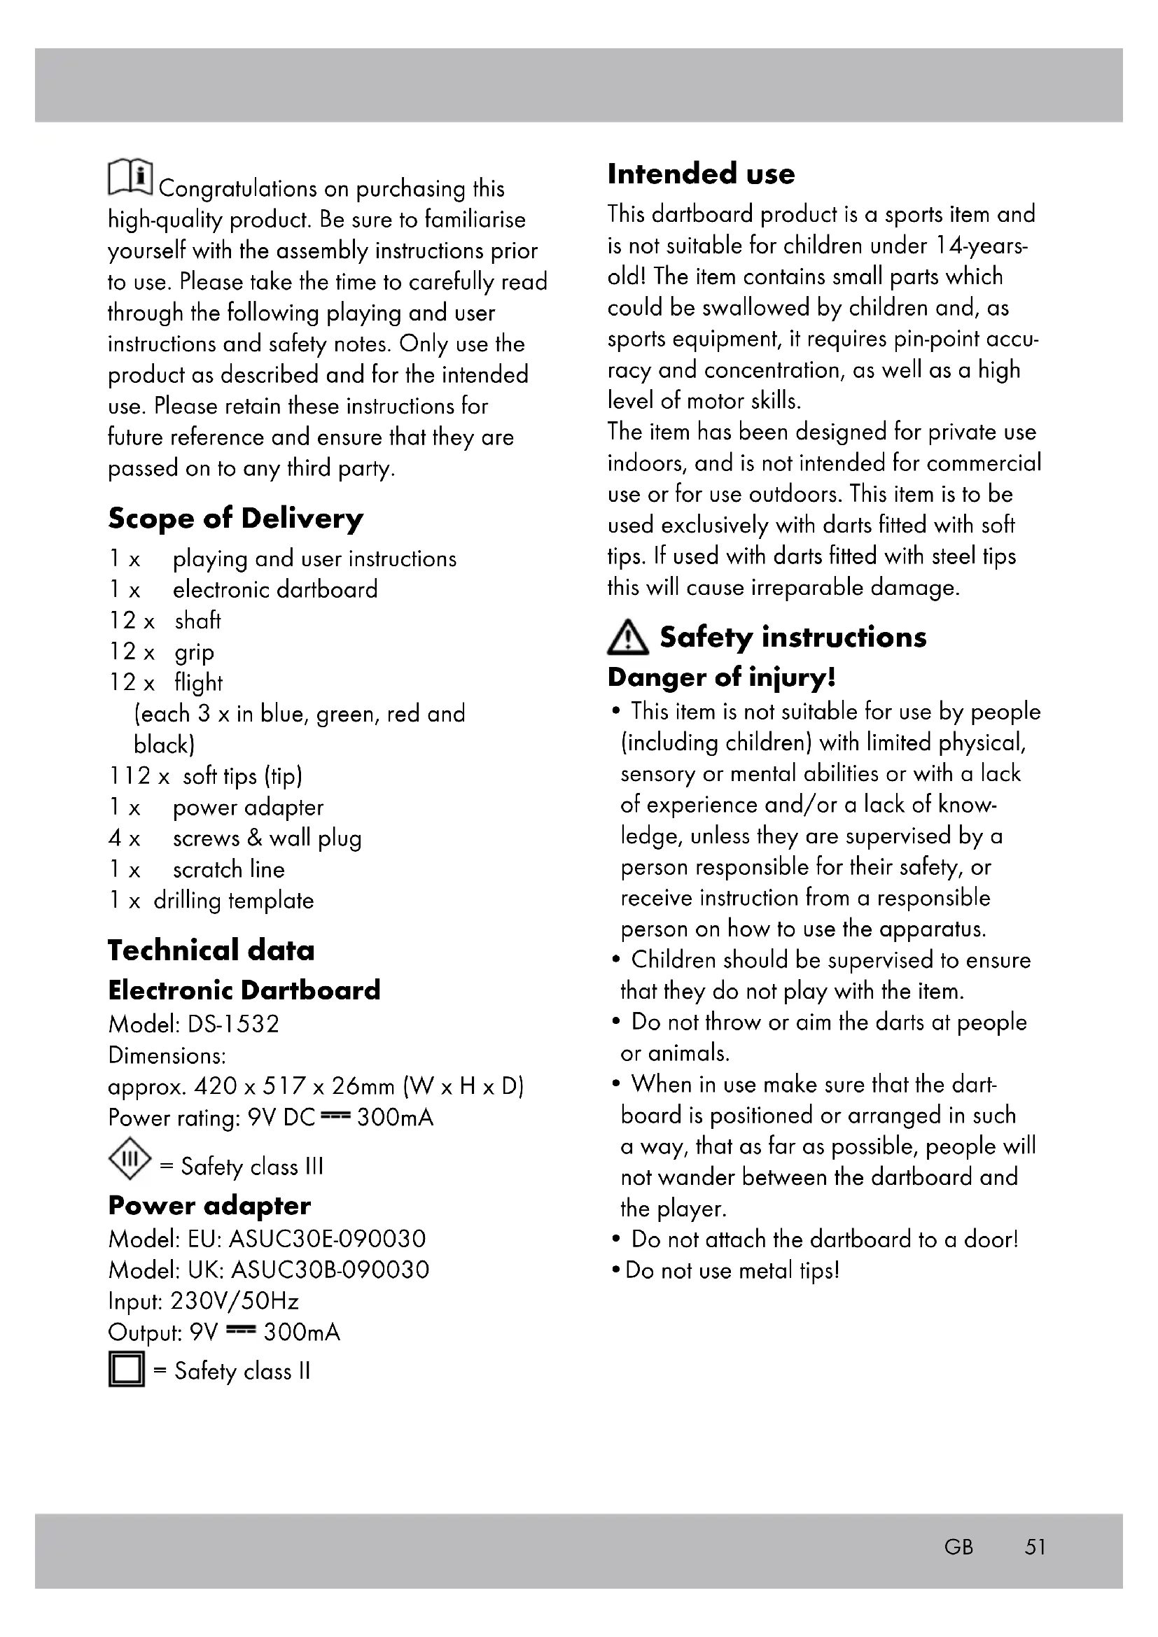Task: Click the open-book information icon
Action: tap(130, 177)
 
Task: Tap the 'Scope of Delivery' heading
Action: tap(235, 519)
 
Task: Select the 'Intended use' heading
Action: tap(701, 174)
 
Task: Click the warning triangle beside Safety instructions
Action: tap(627, 638)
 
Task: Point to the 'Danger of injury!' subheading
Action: tap(721, 677)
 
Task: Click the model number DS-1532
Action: tap(233, 1024)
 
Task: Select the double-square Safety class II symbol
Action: tap(126, 1369)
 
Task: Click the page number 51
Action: tap(1035, 1547)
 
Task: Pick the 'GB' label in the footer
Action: tap(958, 1547)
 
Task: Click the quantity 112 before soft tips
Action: tap(130, 775)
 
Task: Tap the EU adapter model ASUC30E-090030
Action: tap(327, 1239)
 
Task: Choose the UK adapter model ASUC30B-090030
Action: tap(330, 1270)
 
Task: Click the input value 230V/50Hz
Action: tap(235, 1301)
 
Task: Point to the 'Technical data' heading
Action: tap(211, 950)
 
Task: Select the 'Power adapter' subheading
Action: tap(209, 1206)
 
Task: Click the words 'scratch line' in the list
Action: tap(228, 869)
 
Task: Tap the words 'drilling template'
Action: tap(233, 901)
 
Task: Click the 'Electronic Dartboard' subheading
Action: tap(244, 990)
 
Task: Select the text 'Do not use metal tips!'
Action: tap(732, 1270)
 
